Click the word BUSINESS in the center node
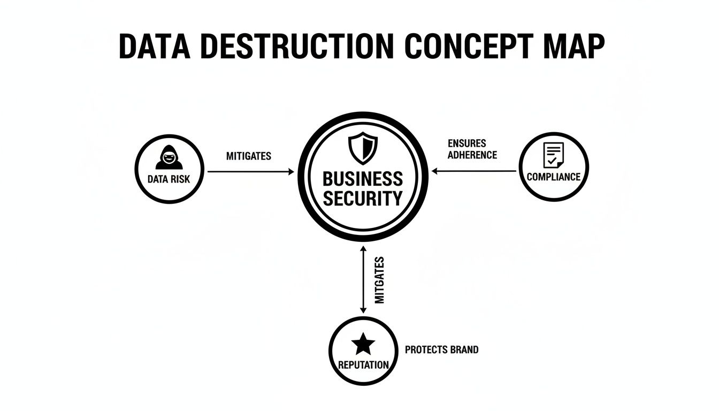363,179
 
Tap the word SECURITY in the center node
363,199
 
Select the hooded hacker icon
169,157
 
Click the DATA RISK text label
169,179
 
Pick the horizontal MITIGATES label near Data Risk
248,156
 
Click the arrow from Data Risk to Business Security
250,172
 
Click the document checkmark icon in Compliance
553,155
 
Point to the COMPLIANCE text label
553,177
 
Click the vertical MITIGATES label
380,280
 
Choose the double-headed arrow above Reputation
363,279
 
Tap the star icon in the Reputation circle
363,344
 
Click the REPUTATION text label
363,365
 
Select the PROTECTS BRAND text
441,349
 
